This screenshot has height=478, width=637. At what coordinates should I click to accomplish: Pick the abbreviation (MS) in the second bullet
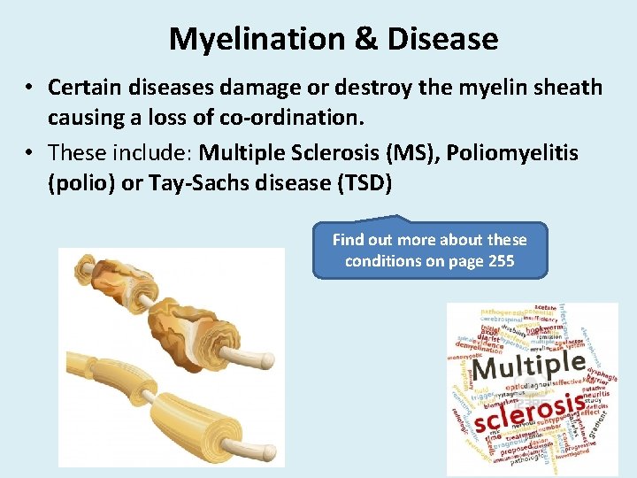pos(411,153)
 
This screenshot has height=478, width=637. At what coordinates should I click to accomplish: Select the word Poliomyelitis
pos(512,153)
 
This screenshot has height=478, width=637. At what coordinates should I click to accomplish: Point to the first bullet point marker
pos(29,89)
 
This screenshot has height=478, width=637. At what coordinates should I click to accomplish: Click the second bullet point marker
pos(29,154)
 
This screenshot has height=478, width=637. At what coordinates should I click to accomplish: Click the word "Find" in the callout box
pos(349,239)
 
